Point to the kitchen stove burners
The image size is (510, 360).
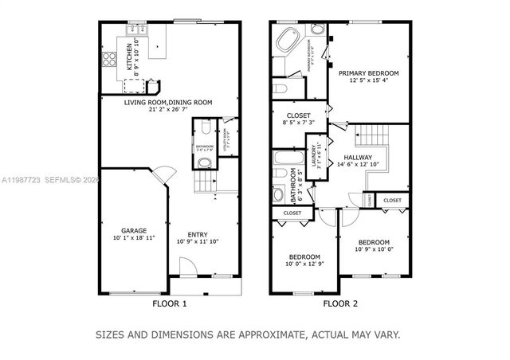[x=108, y=59]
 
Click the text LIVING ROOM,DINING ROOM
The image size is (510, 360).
[x=167, y=102]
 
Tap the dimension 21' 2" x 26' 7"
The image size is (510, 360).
[x=168, y=110]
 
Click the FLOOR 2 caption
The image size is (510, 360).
[x=340, y=303]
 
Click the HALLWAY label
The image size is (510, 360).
[x=358, y=157]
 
